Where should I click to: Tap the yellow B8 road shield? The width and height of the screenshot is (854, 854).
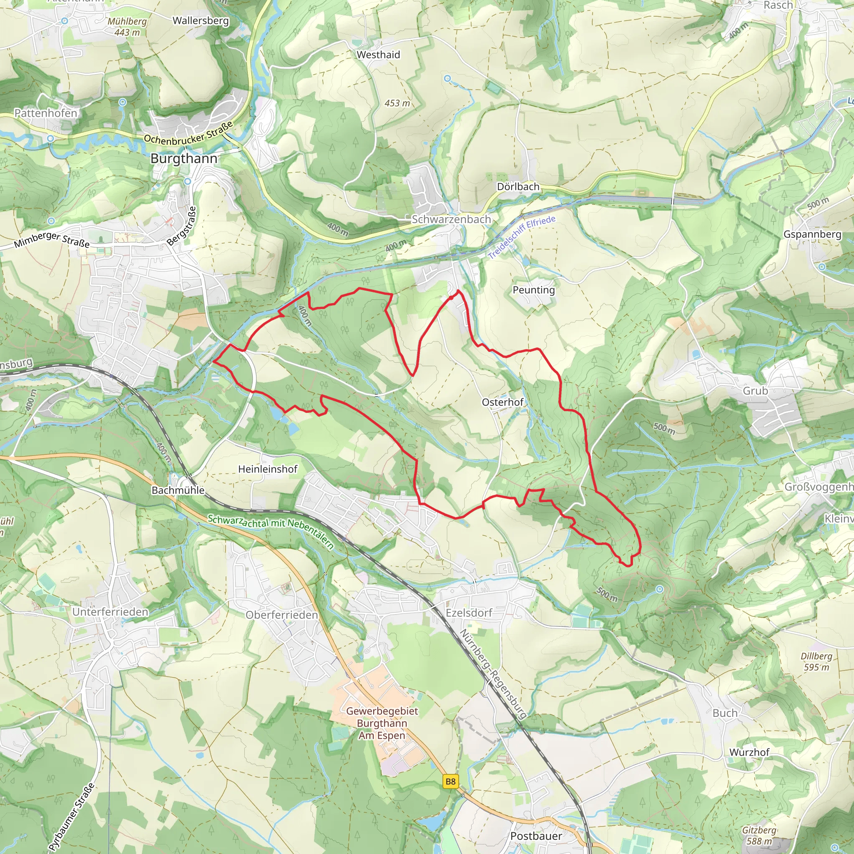point(450,781)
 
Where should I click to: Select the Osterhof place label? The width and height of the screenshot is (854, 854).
point(502,402)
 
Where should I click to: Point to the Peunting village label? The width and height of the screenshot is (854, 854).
point(533,290)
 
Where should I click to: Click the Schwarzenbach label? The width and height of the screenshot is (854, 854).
point(451,219)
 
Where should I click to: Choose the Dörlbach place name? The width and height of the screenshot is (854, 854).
point(518,186)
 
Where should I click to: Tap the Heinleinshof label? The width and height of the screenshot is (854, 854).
point(267,469)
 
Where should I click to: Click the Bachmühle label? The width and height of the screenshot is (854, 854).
point(178,490)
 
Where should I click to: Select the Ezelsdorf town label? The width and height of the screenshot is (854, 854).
point(469,613)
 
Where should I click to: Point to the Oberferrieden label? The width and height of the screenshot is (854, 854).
point(281,615)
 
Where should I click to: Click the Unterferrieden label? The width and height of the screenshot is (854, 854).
point(111,612)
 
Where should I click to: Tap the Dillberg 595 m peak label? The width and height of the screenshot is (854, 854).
point(816,662)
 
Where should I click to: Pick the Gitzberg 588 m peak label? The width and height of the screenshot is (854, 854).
point(759,835)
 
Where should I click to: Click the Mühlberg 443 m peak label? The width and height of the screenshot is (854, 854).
point(127,27)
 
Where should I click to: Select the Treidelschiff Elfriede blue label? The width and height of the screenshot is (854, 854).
point(522,237)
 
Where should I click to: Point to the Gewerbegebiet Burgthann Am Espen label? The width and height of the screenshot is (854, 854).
point(382,723)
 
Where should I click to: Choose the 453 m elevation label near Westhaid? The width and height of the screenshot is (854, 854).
point(397,103)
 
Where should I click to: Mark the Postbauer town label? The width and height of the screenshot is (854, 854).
point(536,836)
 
